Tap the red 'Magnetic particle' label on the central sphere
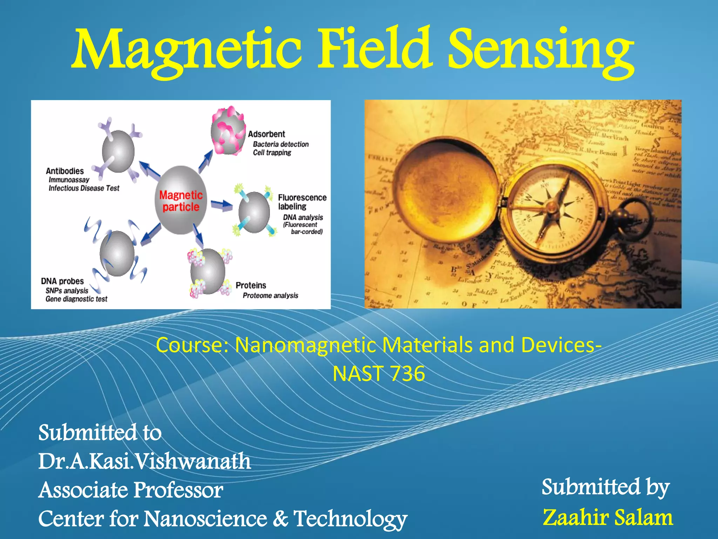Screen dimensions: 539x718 tap(181, 201)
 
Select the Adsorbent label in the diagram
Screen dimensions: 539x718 tap(266, 134)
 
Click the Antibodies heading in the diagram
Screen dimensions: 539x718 tap(65, 171)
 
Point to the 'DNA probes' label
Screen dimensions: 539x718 tap(62, 281)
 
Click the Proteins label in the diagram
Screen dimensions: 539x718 tap(251, 285)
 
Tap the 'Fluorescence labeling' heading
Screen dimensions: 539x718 tap(302, 202)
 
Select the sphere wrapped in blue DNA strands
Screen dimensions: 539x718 tap(117, 253)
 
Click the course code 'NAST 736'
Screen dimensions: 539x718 tap(379, 374)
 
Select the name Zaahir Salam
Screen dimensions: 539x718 tap(608, 518)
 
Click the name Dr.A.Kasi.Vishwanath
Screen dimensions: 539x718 tap(144, 461)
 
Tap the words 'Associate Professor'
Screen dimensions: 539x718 tap(130, 490)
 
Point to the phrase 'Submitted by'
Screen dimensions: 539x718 tap(605, 487)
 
